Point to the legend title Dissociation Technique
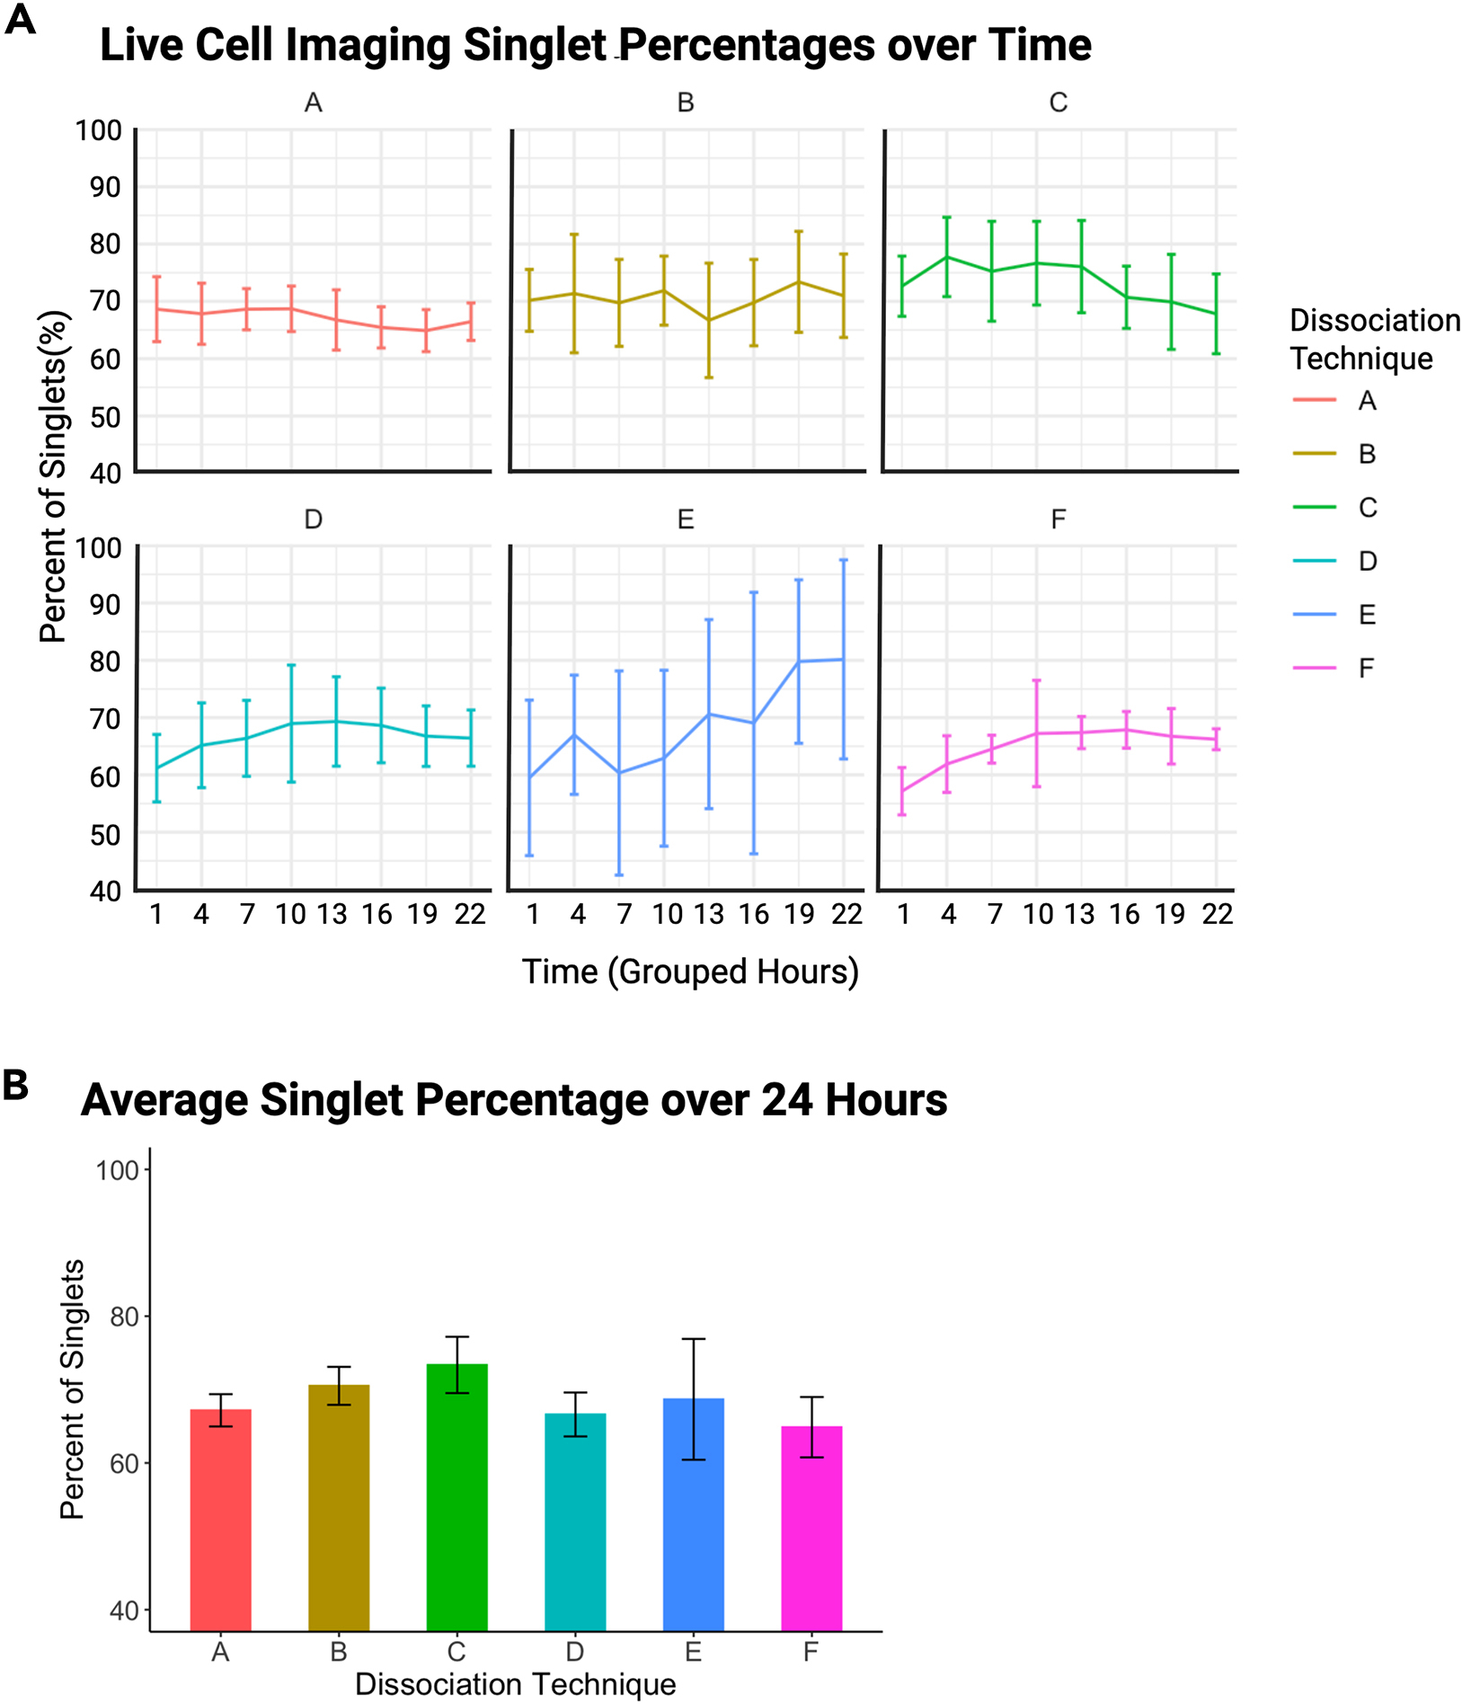click(x=1373, y=339)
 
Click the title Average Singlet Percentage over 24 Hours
click(x=514, y=1100)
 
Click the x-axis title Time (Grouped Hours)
click(x=690, y=972)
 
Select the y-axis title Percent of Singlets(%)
click(x=53, y=476)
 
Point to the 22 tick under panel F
click(x=1217, y=914)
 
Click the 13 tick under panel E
click(x=708, y=914)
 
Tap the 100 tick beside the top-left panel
click(x=99, y=130)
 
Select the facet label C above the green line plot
click(x=1058, y=102)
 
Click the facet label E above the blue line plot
click(x=685, y=519)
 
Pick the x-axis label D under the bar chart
click(x=574, y=1652)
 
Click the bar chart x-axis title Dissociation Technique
click(x=515, y=1684)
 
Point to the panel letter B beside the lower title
click(x=15, y=1086)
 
